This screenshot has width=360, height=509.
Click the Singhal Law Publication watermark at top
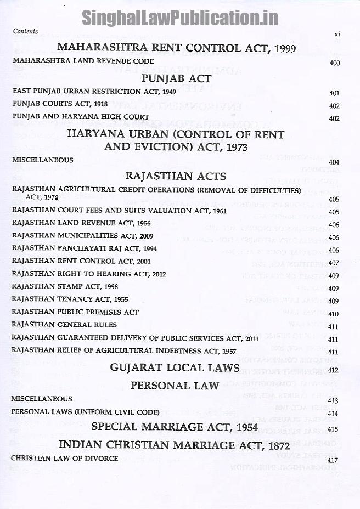click(x=180, y=18)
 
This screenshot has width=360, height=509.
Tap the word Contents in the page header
click(x=25, y=31)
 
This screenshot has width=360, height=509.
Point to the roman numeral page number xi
click(x=337, y=34)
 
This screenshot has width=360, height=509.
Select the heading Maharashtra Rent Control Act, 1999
click(x=176, y=48)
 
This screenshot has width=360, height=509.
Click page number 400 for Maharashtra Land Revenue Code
click(x=334, y=63)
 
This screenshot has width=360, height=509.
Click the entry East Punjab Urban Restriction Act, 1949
click(x=94, y=92)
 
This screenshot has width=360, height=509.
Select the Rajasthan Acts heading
click(x=176, y=176)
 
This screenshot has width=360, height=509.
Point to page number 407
click(x=334, y=263)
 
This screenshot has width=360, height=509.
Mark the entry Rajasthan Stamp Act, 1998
click(x=65, y=286)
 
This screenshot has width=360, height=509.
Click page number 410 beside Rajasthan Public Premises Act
click(x=334, y=314)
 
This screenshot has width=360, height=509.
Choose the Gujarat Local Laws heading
click(x=175, y=367)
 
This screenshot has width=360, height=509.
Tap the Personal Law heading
click(x=175, y=386)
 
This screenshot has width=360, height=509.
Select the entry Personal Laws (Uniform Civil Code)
click(x=85, y=412)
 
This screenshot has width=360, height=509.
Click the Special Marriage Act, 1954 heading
click(x=176, y=427)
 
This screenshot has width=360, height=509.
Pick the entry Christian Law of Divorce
click(x=64, y=458)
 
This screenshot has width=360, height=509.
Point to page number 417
click(x=334, y=460)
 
